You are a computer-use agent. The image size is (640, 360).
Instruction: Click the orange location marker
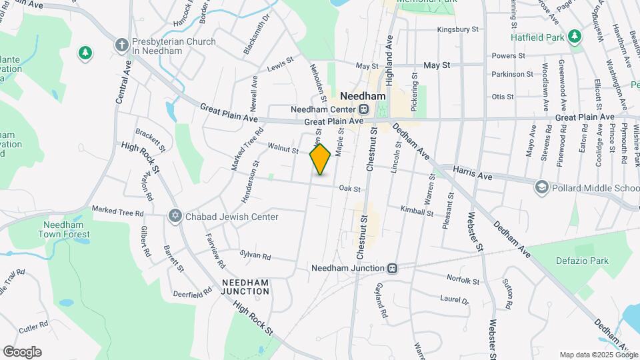[320, 159]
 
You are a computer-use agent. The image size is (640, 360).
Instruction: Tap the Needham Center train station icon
[364, 109]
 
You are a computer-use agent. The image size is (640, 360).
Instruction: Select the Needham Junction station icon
[393, 268]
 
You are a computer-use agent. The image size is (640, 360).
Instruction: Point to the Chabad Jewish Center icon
[175, 216]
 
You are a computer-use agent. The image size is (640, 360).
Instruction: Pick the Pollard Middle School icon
[541, 188]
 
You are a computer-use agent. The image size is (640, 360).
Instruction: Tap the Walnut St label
[283, 148]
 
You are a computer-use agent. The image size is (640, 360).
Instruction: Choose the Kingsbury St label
[458, 29]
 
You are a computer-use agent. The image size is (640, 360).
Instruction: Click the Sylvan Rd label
[255, 256]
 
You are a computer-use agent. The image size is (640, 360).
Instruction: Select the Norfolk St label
[463, 280]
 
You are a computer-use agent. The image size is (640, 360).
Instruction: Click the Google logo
[22, 352]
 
